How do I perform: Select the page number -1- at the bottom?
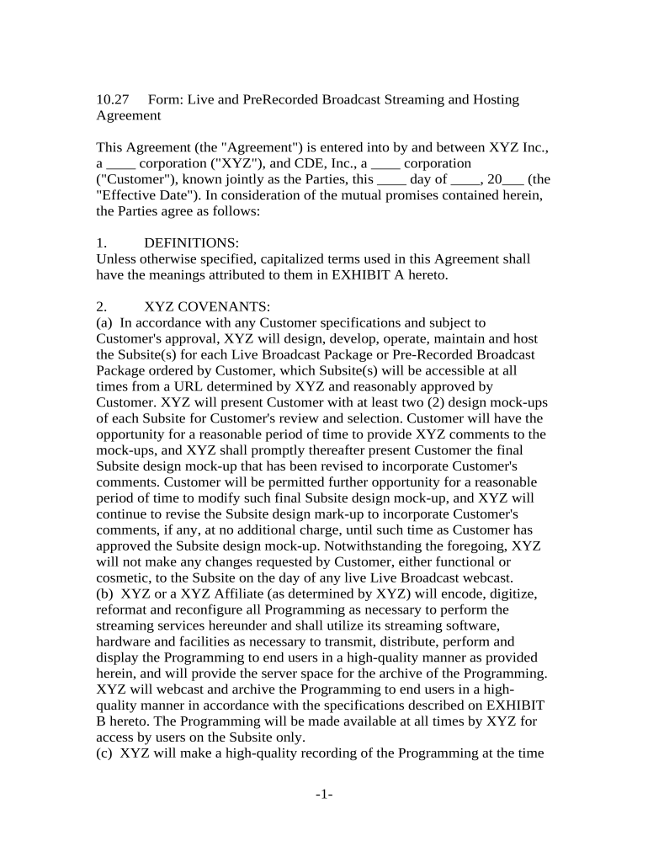point(324,794)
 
